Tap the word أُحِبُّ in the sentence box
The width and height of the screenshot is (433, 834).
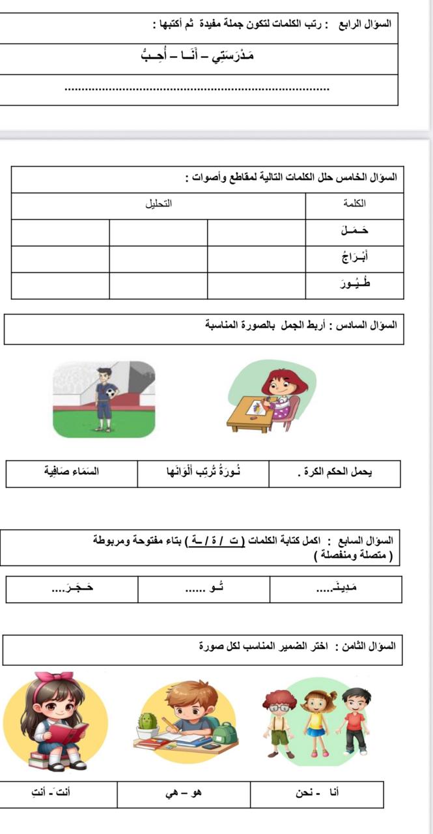[156, 56]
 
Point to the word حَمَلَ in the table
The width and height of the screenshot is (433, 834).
[354, 231]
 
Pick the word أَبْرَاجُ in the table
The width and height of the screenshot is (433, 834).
[354, 258]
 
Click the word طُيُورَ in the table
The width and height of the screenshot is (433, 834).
[354, 284]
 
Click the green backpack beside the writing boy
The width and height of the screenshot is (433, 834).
[226, 733]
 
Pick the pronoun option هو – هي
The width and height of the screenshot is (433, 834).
[184, 793]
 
